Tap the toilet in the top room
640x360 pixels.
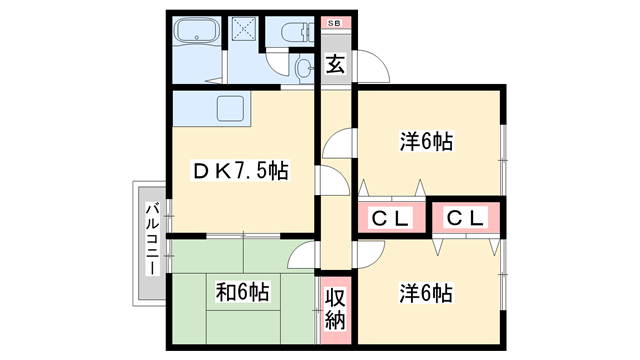click(x=297, y=33)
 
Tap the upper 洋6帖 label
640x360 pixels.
click(x=427, y=142)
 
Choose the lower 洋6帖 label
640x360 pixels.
click(x=427, y=293)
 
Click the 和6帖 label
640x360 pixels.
click(x=242, y=292)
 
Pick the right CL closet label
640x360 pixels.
click(x=465, y=217)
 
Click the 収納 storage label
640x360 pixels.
click(x=335, y=308)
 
